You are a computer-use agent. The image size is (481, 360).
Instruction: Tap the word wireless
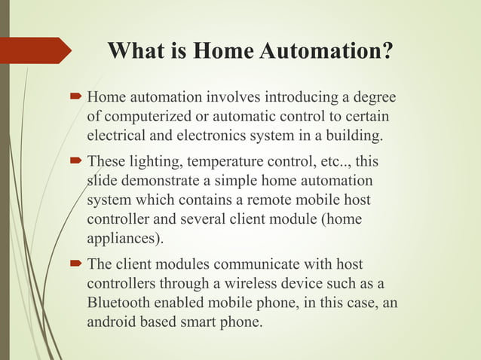click(x=261, y=284)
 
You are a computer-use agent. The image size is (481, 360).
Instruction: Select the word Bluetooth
click(x=121, y=304)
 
